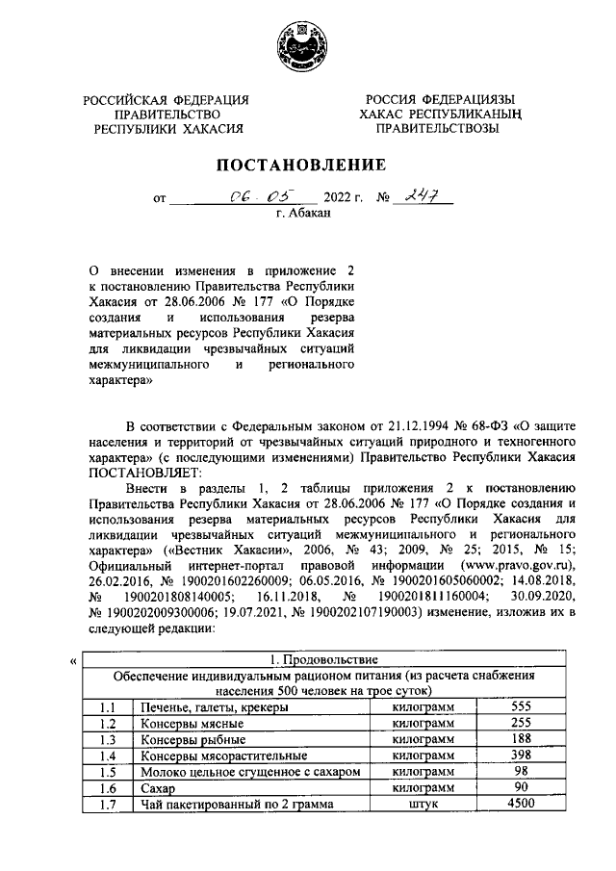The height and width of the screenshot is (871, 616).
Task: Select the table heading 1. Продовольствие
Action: pyautogui.click(x=322, y=659)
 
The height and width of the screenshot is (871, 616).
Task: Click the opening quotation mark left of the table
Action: pyautogui.click(x=74, y=661)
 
